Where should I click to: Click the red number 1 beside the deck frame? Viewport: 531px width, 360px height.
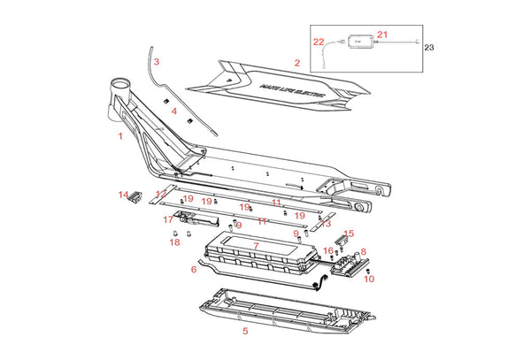(119, 136)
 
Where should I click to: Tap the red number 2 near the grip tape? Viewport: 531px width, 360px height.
(297, 63)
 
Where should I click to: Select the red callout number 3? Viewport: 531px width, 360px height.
(156, 62)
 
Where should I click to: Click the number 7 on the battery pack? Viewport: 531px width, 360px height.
(256, 245)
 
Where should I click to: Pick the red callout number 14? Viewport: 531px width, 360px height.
(123, 194)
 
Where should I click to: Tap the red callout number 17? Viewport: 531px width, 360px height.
(167, 218)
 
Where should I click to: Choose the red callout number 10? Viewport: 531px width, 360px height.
(369, 279)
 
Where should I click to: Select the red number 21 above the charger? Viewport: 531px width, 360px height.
(381, 34)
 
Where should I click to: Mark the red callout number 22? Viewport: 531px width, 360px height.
(319, 42)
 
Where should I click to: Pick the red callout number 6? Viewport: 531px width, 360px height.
(193, 270)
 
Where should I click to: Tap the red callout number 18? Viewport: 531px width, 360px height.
(174, 241)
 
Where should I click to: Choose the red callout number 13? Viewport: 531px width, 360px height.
(327, 224)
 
